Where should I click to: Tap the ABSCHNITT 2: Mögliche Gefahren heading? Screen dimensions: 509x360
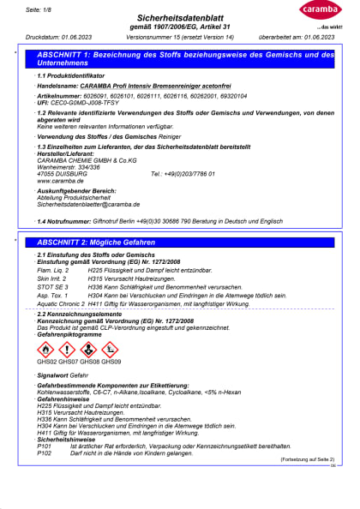point(101,243)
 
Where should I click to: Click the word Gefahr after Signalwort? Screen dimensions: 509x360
point(81,375)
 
